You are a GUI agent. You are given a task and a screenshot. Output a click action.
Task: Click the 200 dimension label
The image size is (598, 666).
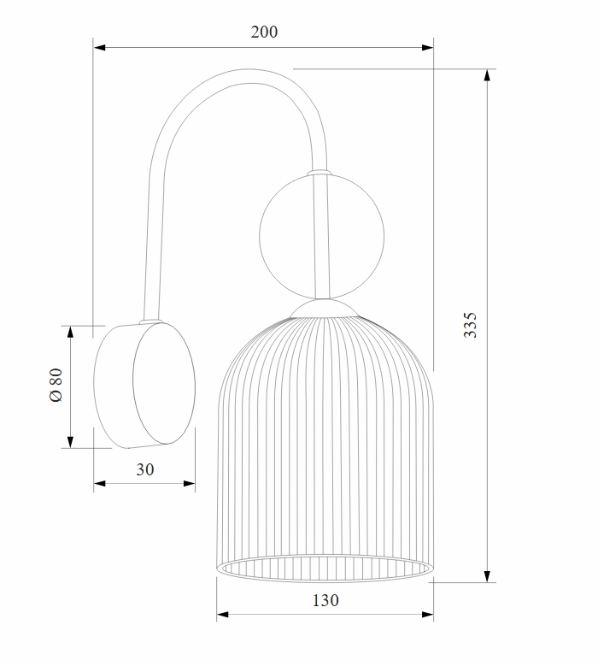click(x=264, y=32)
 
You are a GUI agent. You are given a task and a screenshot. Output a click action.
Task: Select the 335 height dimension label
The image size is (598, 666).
click(x=470, y=326)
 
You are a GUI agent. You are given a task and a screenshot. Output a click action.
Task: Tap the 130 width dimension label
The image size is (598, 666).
click(x=325, y=600)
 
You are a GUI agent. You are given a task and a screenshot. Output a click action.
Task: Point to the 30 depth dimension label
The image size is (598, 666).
click(x=144, y=469)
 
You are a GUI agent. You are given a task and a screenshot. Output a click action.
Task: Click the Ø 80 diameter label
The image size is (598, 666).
click(x=56, y=385)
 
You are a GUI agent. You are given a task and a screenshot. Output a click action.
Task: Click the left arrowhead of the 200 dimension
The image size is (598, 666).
click(x=99, y=48)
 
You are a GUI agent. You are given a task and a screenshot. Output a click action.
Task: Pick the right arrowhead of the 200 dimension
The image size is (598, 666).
click(x=427, y=48)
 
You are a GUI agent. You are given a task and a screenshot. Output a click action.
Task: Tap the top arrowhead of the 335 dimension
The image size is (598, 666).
click(x=487, y=74)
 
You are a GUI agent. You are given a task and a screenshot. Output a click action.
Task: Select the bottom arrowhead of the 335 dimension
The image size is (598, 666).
click(x=487, y=576)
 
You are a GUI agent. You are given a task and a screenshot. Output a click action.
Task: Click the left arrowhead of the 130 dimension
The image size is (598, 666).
click(x=222, y=614)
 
